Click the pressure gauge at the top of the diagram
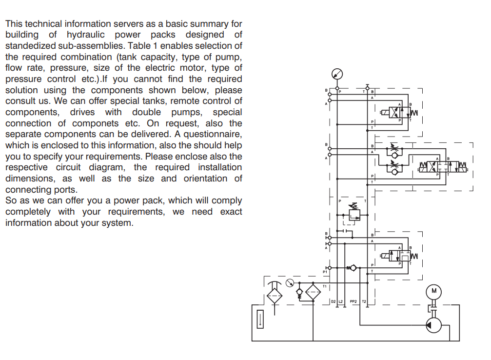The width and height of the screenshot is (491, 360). coord(337,74)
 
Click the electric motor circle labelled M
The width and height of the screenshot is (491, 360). coord(433,292)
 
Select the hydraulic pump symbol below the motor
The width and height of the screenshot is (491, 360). coord(433,325)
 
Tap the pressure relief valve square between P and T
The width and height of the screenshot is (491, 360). coord(354,215)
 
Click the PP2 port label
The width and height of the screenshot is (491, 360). coord(353,302)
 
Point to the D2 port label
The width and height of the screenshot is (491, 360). coord(333,302)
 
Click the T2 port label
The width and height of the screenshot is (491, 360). coord(364,302)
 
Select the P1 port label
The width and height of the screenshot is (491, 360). coord(325,272)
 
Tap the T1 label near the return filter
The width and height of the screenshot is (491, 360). coord(325,286)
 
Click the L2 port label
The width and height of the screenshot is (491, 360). coord(341,302)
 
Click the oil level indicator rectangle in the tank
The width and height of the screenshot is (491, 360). coord(260,320)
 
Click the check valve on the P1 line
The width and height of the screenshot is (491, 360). coord(353,268)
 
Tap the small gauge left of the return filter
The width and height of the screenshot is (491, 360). coord(290,282)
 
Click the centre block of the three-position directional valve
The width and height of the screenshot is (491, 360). coord(443,167)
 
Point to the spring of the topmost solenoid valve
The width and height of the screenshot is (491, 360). coord(414,113)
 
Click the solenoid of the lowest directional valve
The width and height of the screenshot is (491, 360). coord(385,256)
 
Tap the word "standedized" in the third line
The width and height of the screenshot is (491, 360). coord(31,46)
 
